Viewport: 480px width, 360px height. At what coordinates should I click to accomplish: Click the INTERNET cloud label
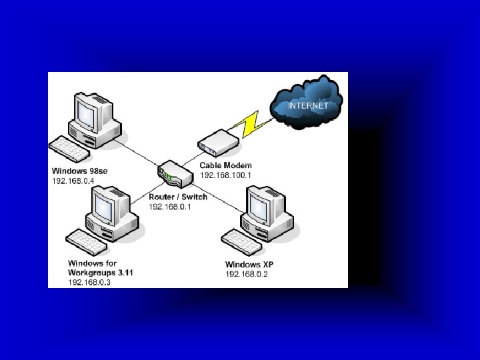pos(308,105)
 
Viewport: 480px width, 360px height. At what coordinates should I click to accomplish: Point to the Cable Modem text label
pos(226,165)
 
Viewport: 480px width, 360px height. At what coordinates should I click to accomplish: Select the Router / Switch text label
pos(178,197)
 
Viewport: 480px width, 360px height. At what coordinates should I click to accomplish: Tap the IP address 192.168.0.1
pos(169,207)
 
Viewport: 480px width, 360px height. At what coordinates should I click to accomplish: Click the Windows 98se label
pos(79,171)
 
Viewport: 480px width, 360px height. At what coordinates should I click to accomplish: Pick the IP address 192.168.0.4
pos(73,180)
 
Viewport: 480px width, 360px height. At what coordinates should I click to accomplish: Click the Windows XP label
pos(249,265)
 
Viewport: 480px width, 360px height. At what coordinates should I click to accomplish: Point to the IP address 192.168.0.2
pos(246,274)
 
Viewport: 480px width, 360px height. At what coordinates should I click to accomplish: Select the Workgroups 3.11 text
pos(101,273)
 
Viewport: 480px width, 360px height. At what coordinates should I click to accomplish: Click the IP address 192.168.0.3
pos(89,282)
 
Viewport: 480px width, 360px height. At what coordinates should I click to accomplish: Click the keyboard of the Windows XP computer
pos(241,241)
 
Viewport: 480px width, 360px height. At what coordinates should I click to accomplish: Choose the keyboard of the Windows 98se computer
pos(69,148)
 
